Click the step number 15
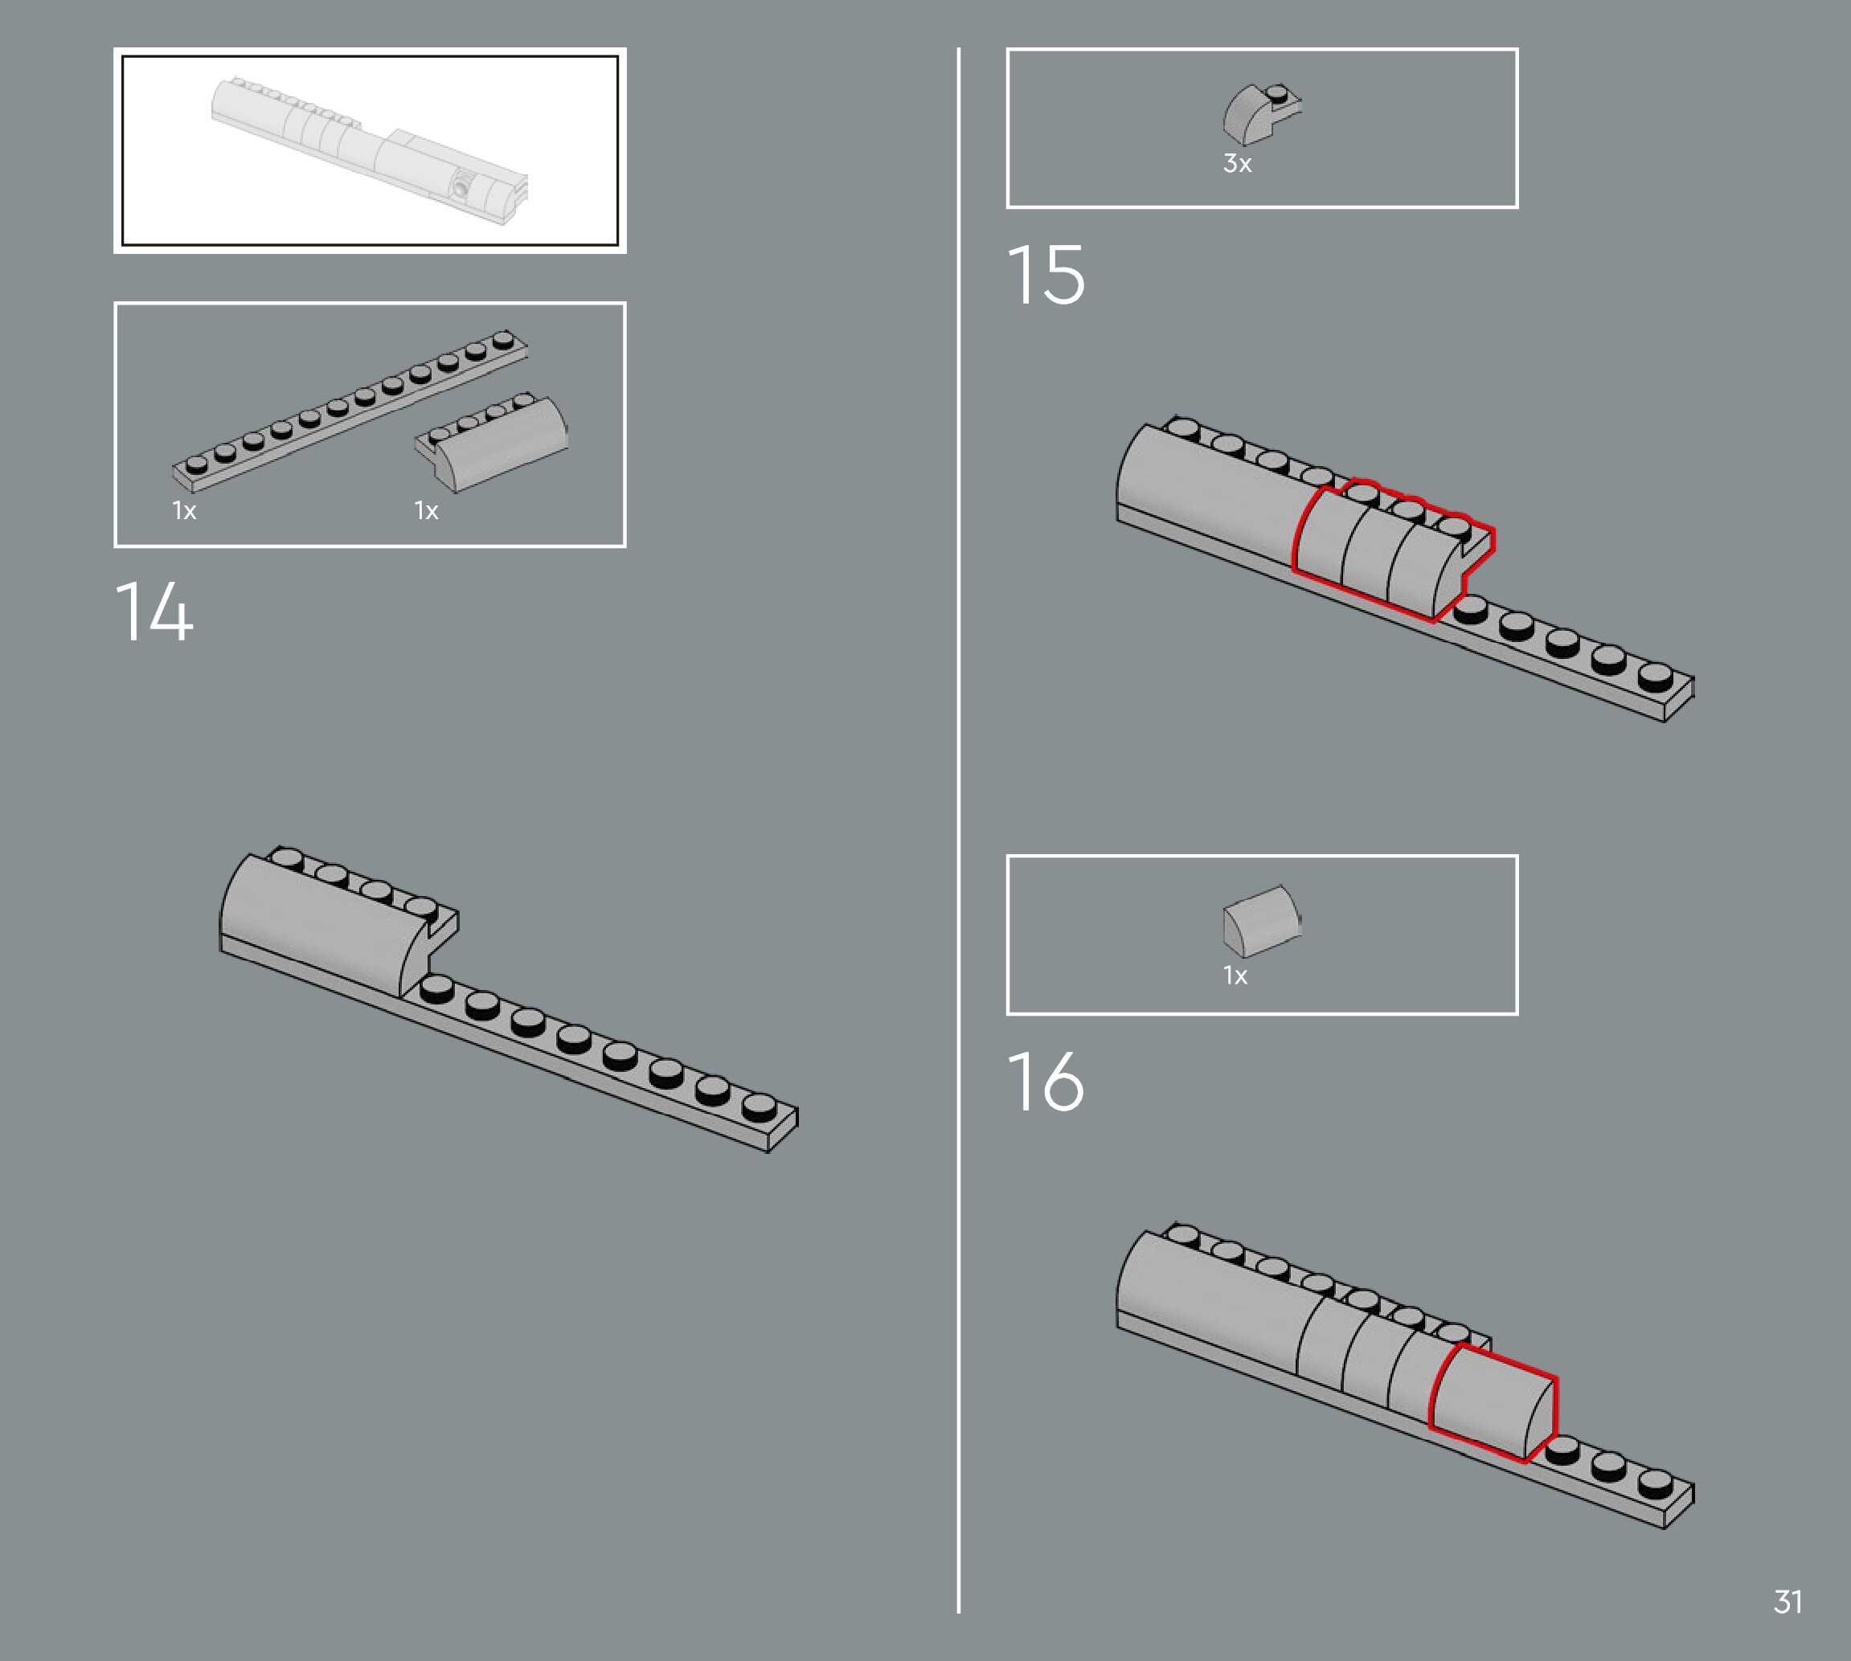pos(1046,275)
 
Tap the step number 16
pos(1046,1082)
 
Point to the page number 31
pos(1788,1601)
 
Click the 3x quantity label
pos(1237,163)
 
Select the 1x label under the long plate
pos(184,510)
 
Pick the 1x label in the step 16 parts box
pos(1235,976)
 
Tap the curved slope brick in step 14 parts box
pos(498,443)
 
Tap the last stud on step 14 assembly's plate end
pos(759,1107)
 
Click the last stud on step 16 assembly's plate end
pos(1655,1483)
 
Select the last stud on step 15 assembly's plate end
pos(1655,677)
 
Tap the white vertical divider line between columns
pos(958,821)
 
